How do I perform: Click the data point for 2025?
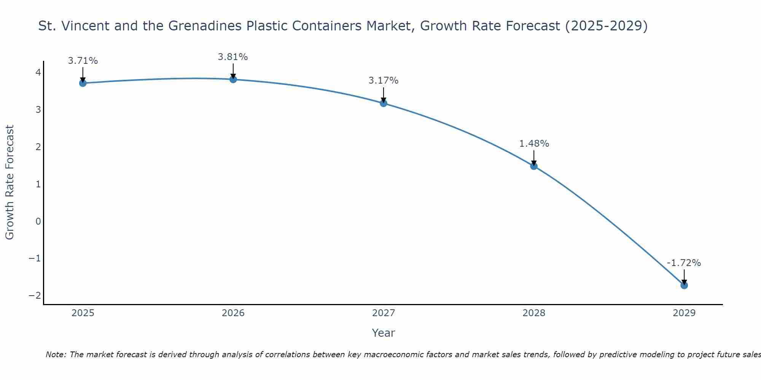click(x=83, y=83)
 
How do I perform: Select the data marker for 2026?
click(x=233, y=79)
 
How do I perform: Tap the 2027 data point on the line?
click(x=384, y=103)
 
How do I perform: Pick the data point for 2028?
click(x=534, y=166)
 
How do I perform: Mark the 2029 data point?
click(x=684, y=285)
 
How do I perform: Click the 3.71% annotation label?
click(x=83, y=61)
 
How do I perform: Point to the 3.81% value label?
click(x=233, y=57)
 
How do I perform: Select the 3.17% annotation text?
click(x=384, y=81)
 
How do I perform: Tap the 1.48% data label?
click(x=534, y=144)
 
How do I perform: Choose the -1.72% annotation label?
click(x=684, y=263)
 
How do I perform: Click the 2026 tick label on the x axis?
click(x=233, y=313)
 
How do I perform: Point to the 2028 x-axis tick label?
click(x=534, y=313)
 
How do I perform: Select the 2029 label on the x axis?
click(x=684, y=313)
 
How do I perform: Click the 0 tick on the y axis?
click(x=38, y=221)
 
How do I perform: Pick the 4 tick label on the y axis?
click(x=38, y=72)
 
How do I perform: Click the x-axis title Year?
click(x=384, y=333)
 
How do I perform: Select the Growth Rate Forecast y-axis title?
click(x=10, y=182)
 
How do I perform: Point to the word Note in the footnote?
click(x=56, y=355)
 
